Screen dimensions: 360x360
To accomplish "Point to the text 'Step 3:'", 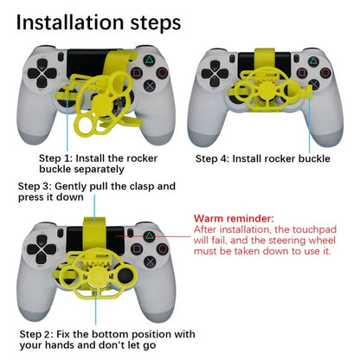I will [x=38, y=186].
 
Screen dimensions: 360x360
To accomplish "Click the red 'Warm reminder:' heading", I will [x=234, y=219].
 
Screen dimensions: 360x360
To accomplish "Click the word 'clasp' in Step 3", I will [x=158, y=186].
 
